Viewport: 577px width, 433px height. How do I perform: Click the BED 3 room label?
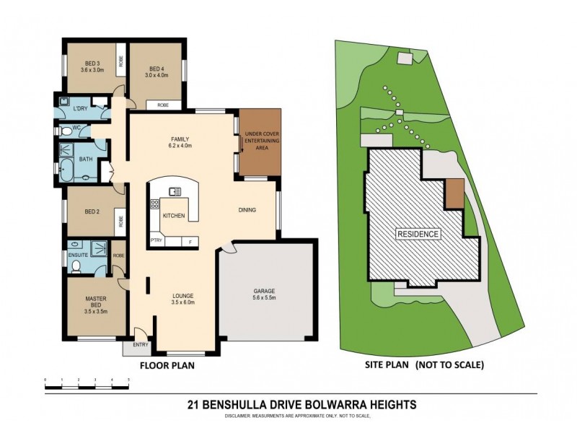(90, 66)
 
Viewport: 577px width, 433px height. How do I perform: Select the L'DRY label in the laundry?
(80, 109)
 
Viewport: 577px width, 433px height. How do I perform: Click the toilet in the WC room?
(69, 131)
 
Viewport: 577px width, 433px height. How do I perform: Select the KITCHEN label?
(174, 216)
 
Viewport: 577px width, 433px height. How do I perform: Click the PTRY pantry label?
(156, 241)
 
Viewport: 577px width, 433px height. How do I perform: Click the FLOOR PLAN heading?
(167, 366)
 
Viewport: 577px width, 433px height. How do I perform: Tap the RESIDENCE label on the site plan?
(419, 235)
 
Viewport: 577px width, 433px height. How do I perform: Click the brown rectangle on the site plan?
(454, 193)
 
